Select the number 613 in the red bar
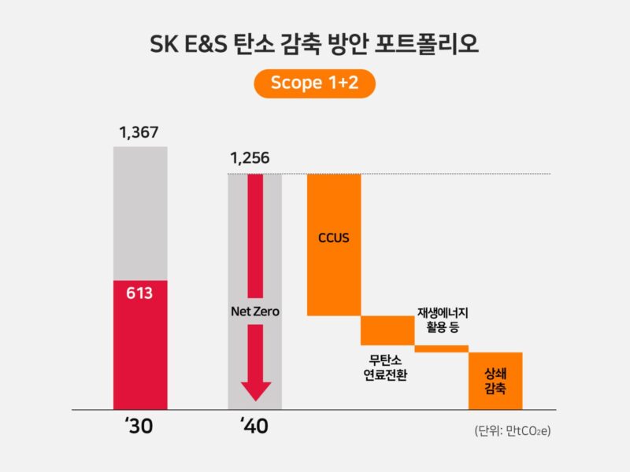139,293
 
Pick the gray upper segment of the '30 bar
140,212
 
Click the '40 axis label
254,427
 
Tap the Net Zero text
254,312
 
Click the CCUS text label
333,237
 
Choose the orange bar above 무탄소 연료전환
387,330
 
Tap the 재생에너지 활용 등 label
443,320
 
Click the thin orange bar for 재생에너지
441,348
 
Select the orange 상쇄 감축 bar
495,381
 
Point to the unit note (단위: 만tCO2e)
512,431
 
